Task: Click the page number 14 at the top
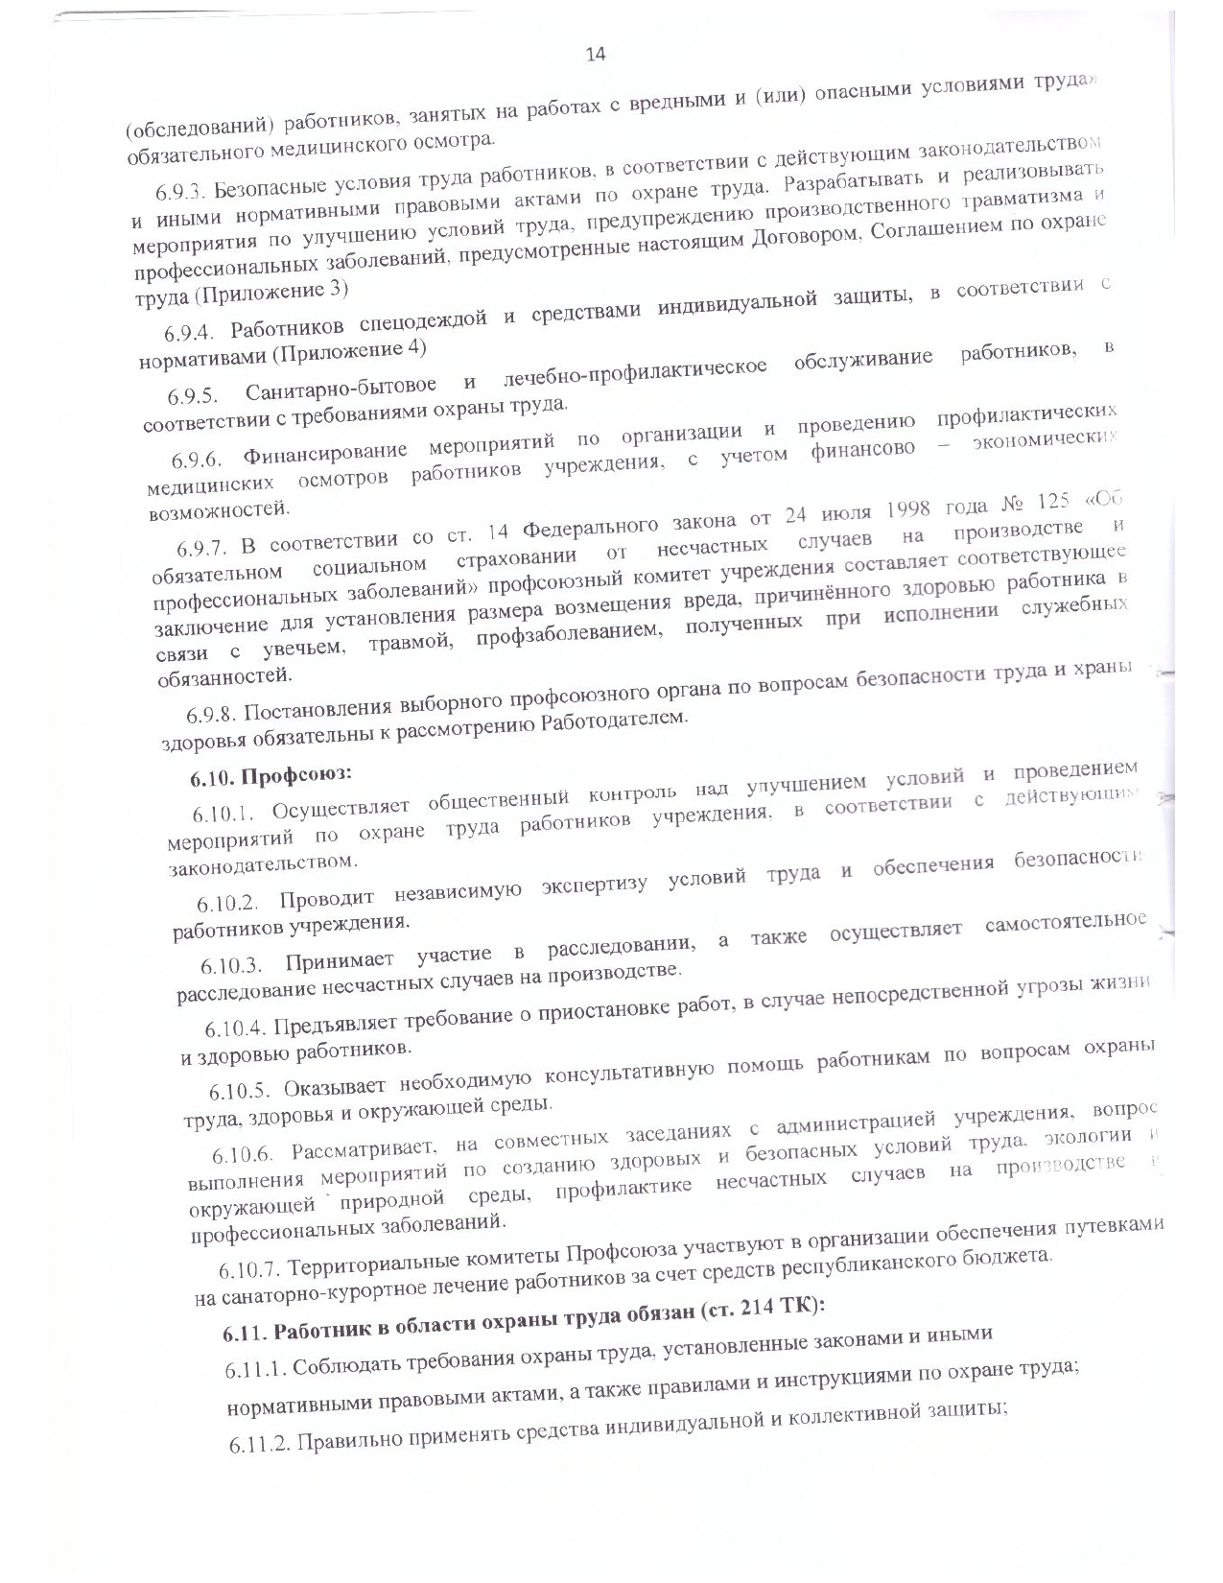(595, 54)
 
